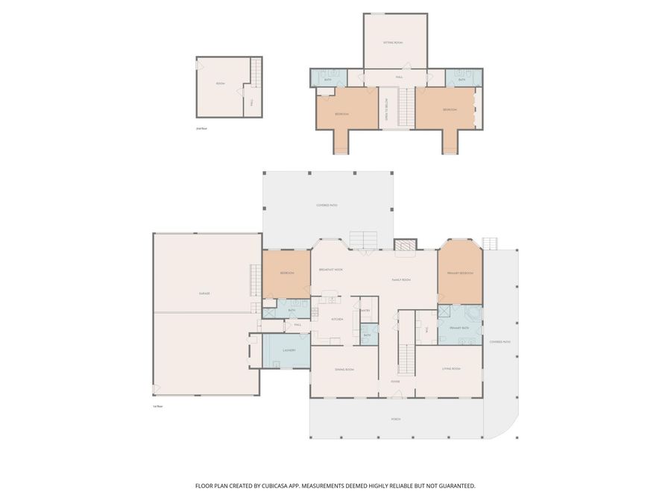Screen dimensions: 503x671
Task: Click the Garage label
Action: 204,294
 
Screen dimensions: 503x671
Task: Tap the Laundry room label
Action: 290,349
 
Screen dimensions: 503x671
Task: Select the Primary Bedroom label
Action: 460,273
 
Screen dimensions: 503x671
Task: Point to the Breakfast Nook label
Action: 331,269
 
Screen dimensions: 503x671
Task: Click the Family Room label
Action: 401,279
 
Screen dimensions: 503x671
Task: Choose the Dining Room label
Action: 344,370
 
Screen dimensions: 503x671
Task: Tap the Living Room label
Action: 451,369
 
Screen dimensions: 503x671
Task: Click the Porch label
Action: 396,419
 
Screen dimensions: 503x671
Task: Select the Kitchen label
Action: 336,319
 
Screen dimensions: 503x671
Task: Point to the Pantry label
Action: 365,309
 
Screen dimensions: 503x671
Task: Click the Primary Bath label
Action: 459,328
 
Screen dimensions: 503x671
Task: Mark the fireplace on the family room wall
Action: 403,245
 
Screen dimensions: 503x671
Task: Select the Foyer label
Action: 395,382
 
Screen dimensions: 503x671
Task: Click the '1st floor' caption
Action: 157,406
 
